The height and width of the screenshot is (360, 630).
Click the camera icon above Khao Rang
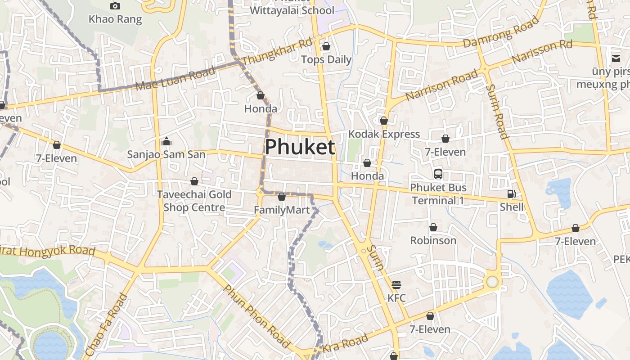tap(115, 6)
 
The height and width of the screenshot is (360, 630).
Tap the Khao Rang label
tap(115, 19)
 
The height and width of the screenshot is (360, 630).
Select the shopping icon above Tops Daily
tap(326, 46)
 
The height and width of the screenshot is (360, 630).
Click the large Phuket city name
tap(300, 147)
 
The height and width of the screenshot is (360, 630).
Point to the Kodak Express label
tap(384, 134)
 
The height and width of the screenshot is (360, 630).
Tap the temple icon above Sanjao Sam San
tap(166, 142)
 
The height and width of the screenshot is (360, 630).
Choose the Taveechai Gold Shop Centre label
tap(194, 201)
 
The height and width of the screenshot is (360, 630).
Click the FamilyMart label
tap(282, 210)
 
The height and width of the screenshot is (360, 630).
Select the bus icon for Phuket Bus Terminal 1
tap(438, 174)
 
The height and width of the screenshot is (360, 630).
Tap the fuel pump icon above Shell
tap(512, 194)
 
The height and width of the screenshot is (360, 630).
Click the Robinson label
tap(433, 240)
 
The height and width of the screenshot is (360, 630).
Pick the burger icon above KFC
tap(396, 284)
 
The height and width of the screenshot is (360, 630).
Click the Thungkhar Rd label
tap(277, 52)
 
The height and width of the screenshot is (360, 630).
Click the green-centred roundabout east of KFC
tap(492, 282)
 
